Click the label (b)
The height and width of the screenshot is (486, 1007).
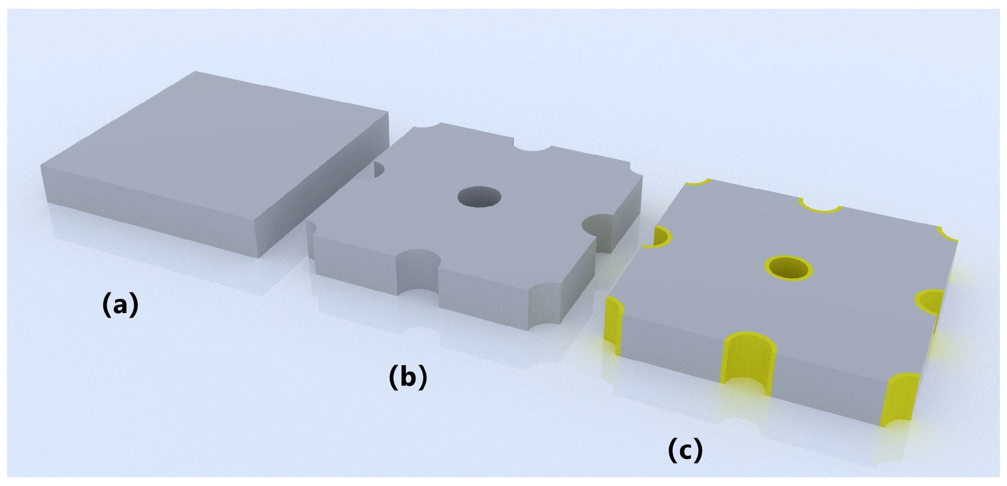[x=408, y=376]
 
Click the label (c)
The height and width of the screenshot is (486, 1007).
[x=685, y=449]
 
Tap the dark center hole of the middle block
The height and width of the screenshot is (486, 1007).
[x=479, y=196]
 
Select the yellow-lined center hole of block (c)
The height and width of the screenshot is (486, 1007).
[x=789, y=268]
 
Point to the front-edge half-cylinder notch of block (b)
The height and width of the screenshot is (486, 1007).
[x=418, y=271]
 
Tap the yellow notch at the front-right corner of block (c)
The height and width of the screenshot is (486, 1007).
[x=899, y=399]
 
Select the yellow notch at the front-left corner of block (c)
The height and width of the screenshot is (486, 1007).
[x=613, y=323]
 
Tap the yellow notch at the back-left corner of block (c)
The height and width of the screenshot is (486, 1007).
[x=697, y=182]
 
